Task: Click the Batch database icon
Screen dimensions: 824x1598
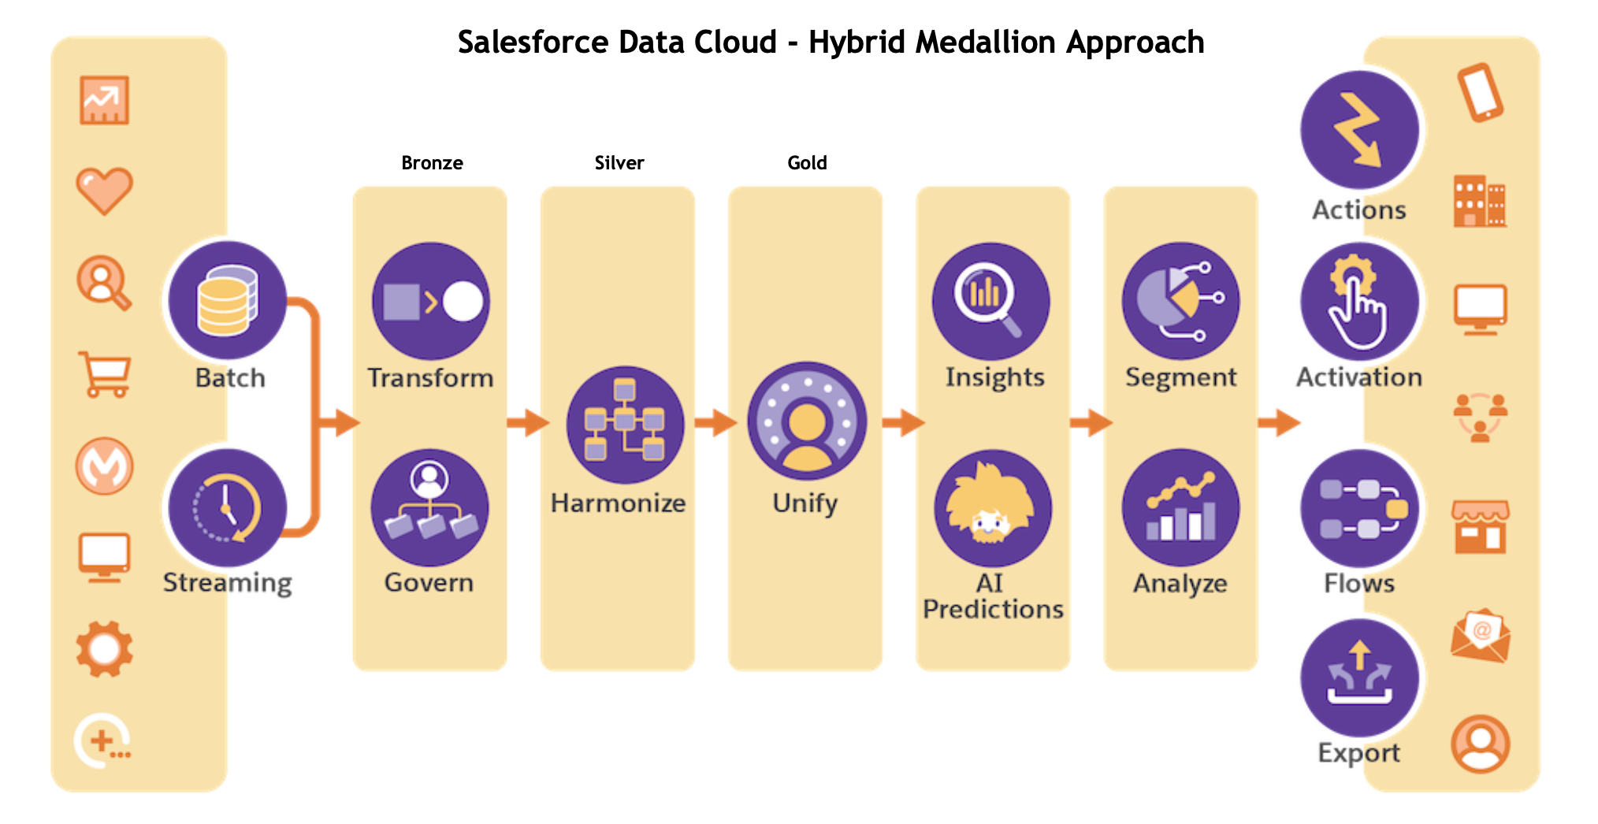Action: (227, 300)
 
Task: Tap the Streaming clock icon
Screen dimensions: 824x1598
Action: (227, 508)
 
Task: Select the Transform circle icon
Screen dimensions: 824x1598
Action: (430, 301)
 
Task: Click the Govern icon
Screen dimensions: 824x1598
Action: (429, 508)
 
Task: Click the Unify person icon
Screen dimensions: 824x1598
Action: (806, 421)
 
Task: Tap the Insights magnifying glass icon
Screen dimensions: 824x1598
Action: (990, 301)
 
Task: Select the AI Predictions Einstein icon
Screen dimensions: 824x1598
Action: (992, 508)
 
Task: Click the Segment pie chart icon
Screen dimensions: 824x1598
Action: (1180, 301)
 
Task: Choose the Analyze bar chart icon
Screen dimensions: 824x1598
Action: (1180, 508)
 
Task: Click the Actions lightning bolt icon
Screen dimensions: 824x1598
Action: (1359, 130)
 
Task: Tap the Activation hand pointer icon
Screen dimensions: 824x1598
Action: (1359, 301)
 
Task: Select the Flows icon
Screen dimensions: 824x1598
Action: (1359, 508)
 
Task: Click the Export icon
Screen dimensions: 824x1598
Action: (1359, 677)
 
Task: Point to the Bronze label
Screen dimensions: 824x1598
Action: (432, 163)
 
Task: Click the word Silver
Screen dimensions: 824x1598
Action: (619, 163)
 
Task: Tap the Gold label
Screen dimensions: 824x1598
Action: (807, 163)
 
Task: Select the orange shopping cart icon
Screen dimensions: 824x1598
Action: (105, 374)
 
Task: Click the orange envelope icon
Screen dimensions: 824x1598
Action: (1481, 634)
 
